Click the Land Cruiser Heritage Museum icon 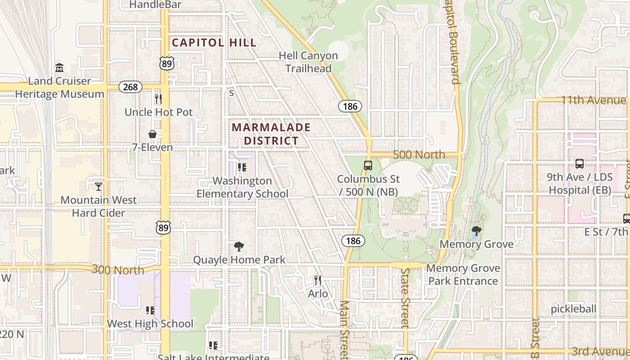[x=59, y=68]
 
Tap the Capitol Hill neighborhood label [x=214, y=43]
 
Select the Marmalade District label [x=271, y=134]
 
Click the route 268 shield [x=130, y=87]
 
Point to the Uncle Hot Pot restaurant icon [x=158, y=99]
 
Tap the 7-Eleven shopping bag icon [x=153, y=134]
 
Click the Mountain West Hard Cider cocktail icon [x=99, y=186]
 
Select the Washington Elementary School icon [x=242, y=167]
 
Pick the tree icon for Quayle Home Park [x=239, y=246]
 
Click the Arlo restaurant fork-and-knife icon [x=318, y=280]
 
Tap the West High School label [x=150, y=324]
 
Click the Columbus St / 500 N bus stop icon [x=368, y=166]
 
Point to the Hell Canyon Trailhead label [x=308, y=62]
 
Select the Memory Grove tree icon [x=477, y=231]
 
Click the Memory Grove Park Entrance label [x=463, y=274]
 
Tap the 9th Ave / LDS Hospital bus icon [x=580, y=164]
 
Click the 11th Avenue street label [x=593, y=100]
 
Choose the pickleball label [x=573, y=309]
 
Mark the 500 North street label [x=419, y=155]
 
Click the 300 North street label [x=118, y=270]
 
